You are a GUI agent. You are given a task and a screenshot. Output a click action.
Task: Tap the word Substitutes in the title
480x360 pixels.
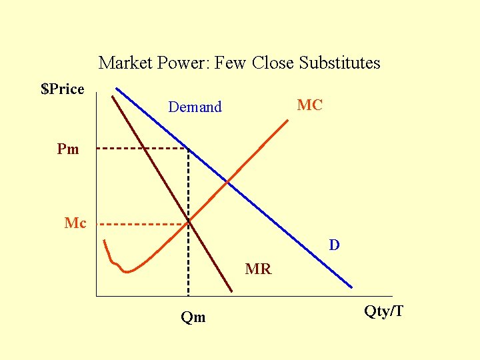point(339,63)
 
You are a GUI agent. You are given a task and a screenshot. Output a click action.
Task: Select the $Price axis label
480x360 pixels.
point(63,89)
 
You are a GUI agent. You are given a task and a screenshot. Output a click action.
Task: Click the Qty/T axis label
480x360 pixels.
point(383,311)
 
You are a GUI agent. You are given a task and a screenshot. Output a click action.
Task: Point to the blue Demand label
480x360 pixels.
point(195,107)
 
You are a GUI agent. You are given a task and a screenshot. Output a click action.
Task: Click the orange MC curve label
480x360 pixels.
point(309,105)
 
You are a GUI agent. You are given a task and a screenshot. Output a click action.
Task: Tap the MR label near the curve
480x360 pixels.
point(258,269)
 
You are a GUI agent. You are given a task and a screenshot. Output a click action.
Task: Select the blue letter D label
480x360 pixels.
point(334,245)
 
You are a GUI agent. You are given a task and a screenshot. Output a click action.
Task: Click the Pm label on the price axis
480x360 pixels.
point(68,149)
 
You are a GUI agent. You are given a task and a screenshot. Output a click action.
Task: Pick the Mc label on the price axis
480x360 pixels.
point(75,223)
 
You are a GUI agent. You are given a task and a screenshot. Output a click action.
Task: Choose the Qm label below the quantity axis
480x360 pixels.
point(193,317)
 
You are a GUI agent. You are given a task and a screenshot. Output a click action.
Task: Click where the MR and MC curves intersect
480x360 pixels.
point(189,220)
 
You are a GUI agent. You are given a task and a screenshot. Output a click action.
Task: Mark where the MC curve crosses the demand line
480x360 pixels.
point(229,181)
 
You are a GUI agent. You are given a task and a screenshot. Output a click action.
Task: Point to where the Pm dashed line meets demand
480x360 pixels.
point(188,148)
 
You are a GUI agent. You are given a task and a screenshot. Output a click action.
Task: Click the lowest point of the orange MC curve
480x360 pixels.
point(128,271)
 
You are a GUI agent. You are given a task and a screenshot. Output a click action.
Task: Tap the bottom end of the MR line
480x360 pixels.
point(231,291)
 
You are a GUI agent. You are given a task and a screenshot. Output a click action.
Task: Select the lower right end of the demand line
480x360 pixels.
point(351,287)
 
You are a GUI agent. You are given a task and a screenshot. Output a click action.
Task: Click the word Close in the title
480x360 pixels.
point(273,63)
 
